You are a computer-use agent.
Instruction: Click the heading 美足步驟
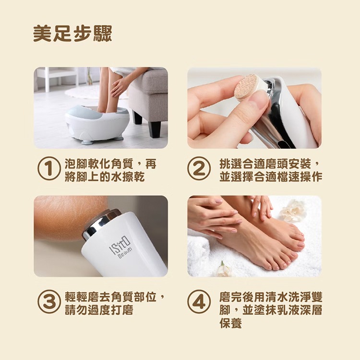coord(72,34)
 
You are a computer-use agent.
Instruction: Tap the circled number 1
coord(48,170)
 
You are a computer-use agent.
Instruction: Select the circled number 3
coord(48,303)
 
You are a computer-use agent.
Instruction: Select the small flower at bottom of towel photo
coord(224,269)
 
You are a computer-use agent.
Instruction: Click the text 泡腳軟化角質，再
coord(110,164)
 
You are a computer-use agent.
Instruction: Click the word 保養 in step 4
coord(230,323)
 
